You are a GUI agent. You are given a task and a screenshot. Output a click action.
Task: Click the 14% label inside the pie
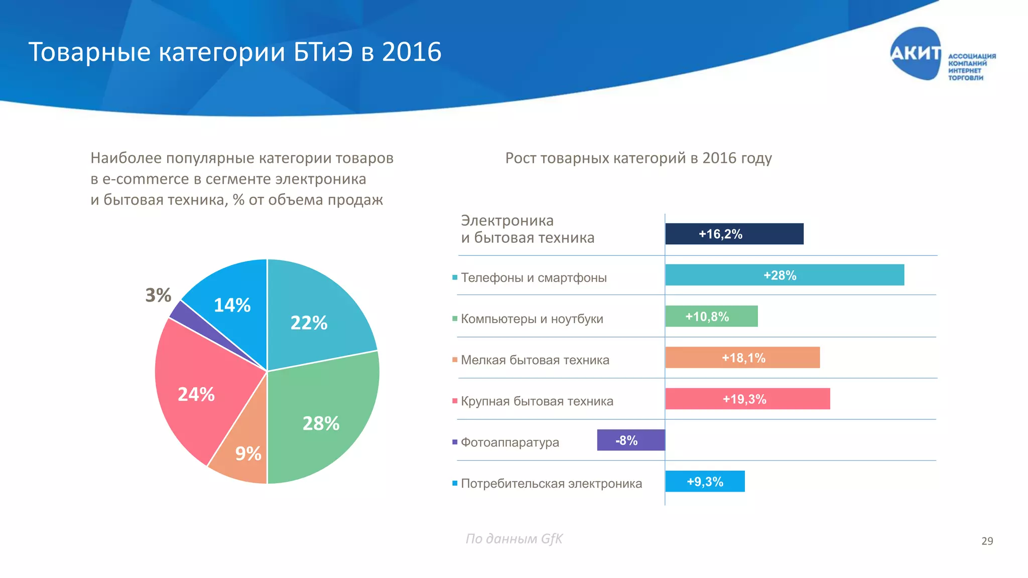pyautogui.click(x=232, y=305)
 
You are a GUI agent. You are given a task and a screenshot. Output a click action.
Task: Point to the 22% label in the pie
pyautogui.click(x=309, y=323)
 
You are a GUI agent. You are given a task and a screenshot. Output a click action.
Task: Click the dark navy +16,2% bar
pyautogui.click(x=734, y=234)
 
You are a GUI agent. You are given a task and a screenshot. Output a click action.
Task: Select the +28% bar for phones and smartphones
pyautogui.click(x=784, y=275)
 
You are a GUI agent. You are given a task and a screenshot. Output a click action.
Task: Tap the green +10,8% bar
pyautogui.click(x=711, y=317)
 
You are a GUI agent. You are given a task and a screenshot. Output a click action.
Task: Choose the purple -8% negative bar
pyautogui.click(x=630, y=440)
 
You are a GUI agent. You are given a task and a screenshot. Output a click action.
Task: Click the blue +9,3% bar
pyautogui.click(x=705, y=481)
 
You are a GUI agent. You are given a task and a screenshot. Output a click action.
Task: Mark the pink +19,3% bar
pyautogui.click(x=747, y=399)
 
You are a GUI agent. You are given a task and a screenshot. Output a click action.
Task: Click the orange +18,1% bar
pyautogui.click(x=742, y=358)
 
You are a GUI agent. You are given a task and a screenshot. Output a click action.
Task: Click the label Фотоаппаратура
pyautogui.click(x=509, y=443)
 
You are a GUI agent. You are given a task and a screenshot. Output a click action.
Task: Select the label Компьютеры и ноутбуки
pyautogui.click(x=532, y=319)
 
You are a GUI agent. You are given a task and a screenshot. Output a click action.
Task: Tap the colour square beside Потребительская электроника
pyautogui.click(x=455, y=483)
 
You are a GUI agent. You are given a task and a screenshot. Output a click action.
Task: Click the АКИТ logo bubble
pyautogui.click(x=915, y=53)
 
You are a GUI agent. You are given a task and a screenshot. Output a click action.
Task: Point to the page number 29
pyautogui.click(x=987, y=541)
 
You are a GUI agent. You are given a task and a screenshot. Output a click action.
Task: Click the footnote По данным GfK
pyautogui.click(x=514, y=539)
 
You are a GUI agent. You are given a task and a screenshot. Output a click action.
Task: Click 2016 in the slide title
pyautogui.click(x=411, y=52)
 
